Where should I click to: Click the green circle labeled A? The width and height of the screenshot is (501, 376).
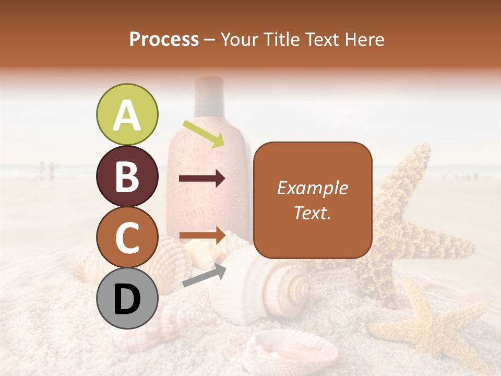point(127,115)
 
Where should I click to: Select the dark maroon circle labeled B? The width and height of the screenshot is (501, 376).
point(127,176)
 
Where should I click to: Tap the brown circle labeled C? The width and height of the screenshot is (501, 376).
point(127,237)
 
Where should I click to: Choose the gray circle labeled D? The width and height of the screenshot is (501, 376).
point(127,299)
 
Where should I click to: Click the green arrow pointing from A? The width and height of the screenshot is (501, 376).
point(204,133)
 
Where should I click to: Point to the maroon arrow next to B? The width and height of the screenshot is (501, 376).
point(202,179)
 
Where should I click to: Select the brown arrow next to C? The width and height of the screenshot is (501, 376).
point(202,236)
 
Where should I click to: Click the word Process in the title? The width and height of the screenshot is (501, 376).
point(164,39)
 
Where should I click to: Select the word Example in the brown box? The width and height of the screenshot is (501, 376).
point(312,188)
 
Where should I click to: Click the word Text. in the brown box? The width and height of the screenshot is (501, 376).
point(312,213)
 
